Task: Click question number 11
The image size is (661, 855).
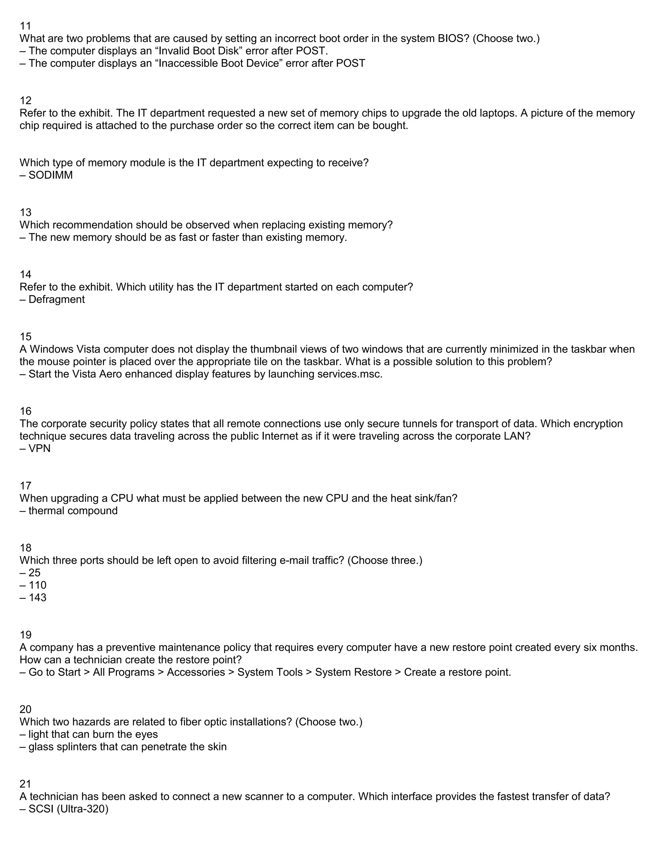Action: tap(25, 26)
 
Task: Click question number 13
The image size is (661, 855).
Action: tap(25, 212)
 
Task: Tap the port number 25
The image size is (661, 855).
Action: tap(35, 573)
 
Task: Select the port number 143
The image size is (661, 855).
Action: tap(37, 598)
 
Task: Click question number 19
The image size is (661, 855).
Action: tap(25, 635)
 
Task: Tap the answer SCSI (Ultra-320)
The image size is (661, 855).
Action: tap(68, 809)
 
